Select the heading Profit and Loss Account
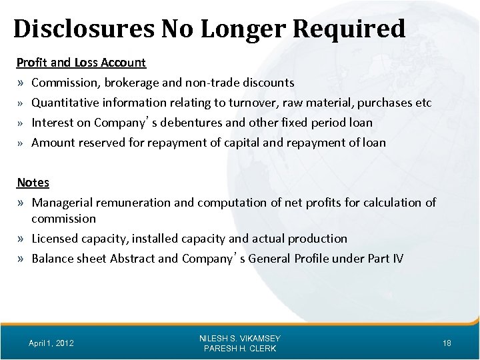click(x=81, y=63)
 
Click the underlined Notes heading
click(x=33, y=182)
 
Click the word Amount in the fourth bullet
click(x=54, y=142)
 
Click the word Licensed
click(x=55, y=238)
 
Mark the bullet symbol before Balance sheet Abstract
click(x=22, y=259)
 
